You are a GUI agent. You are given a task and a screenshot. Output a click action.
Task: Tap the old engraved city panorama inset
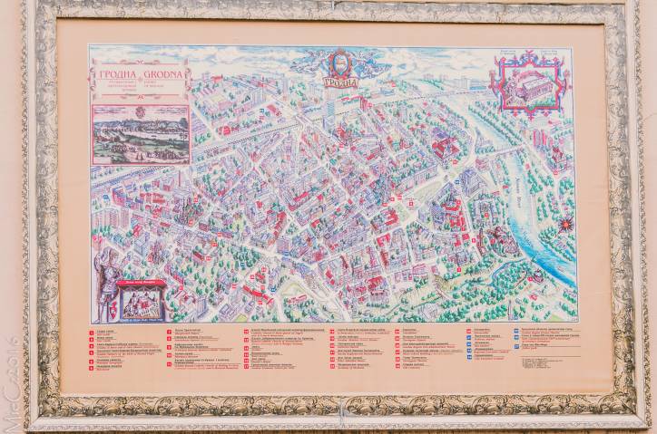click(141, 134)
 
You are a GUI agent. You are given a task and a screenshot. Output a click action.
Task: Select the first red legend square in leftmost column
click(91, 332)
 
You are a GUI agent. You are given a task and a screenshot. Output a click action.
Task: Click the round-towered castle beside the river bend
click(497, 241)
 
